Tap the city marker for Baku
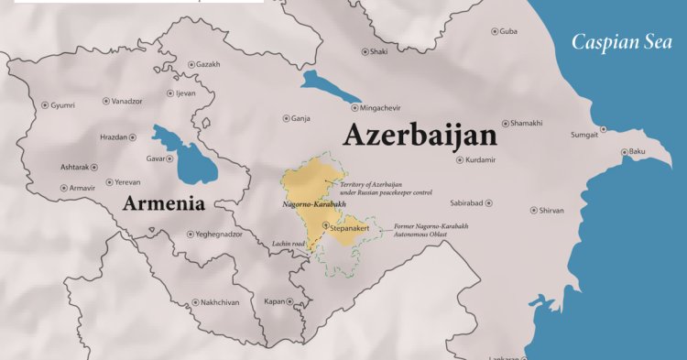point(624,151)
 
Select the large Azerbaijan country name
point(420,136)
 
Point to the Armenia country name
point(164,202)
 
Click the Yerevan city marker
point(110,182)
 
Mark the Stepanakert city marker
point(325,224)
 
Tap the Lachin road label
point(288,244)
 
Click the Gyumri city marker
point(45,105)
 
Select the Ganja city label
point(300,118)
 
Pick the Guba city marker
point(496,31)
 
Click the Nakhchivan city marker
point(194,301)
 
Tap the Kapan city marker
point(289,301)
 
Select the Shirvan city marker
point(533,211)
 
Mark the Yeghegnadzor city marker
point(191,235)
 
